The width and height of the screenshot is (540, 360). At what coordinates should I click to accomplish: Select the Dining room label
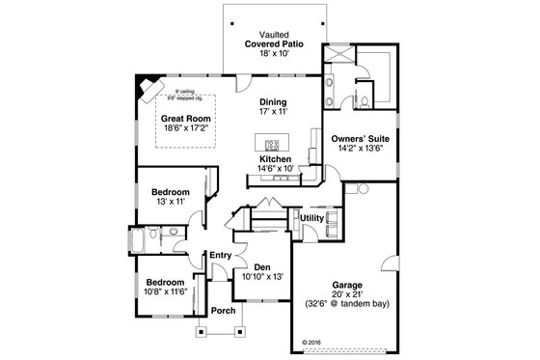point(274,101)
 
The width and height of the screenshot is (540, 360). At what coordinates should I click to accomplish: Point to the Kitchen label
point(275,157)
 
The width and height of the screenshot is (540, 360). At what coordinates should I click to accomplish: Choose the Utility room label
point(311,218)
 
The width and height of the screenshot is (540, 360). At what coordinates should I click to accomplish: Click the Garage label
point(349,285)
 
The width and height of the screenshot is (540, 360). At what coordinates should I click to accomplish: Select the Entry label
point(220,255)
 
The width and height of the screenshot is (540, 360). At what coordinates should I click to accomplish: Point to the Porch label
point(223,311)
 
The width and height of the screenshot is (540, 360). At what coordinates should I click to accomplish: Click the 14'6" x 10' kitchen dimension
point(275,168)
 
